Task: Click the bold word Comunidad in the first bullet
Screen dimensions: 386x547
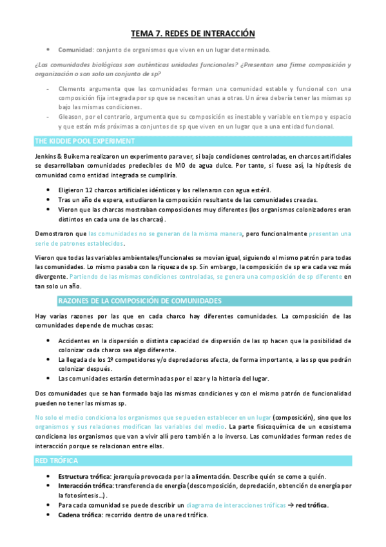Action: pyautogui.click(x=75, y=50)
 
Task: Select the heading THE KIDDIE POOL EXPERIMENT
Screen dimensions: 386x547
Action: pyautogui.click(x=84, y=141)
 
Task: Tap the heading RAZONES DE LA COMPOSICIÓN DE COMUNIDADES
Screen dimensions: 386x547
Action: pyautogui.click(x=140, y=301)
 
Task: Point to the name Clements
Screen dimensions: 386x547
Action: pyautogui.click(x=72, y=88)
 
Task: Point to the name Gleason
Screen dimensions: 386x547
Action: pyautogui.click(x=72, y=117)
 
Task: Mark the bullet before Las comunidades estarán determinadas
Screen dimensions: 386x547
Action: pyautogui.click(x=50, y=378)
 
